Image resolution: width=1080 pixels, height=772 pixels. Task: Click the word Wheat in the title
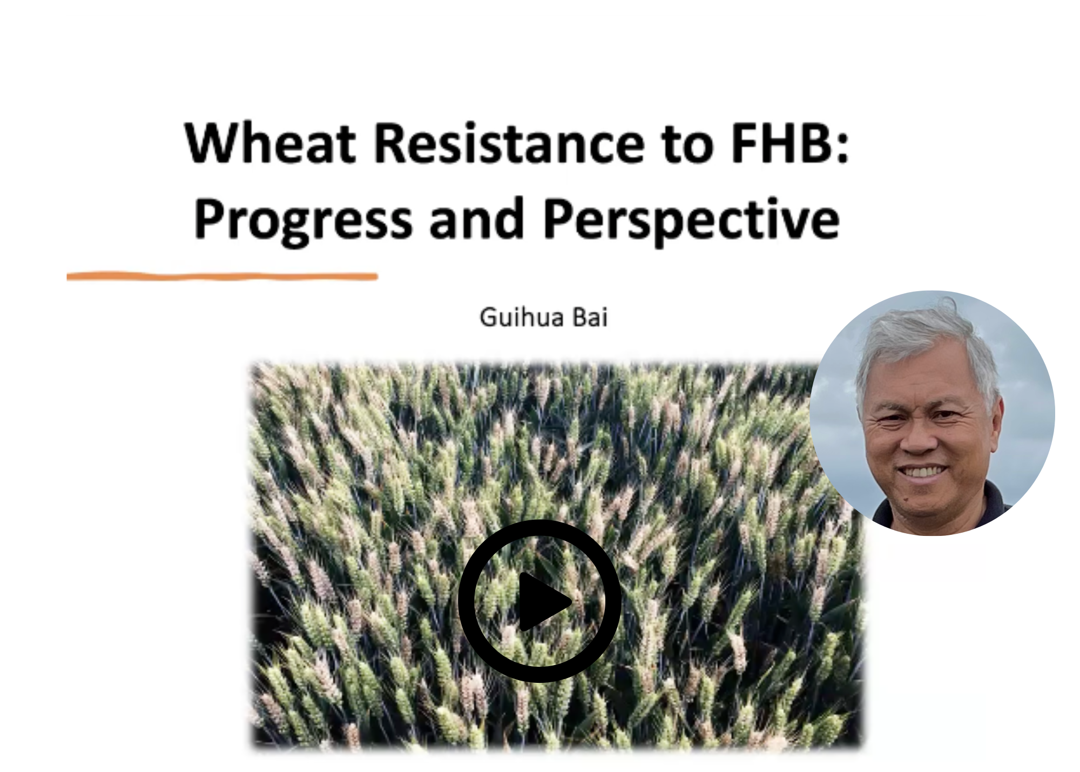point(270,143)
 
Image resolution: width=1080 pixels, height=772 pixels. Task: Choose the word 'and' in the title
point(476,218)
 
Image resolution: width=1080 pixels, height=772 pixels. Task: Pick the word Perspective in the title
point(691,220)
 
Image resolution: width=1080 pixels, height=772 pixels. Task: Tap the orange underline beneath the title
point(222,277)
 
